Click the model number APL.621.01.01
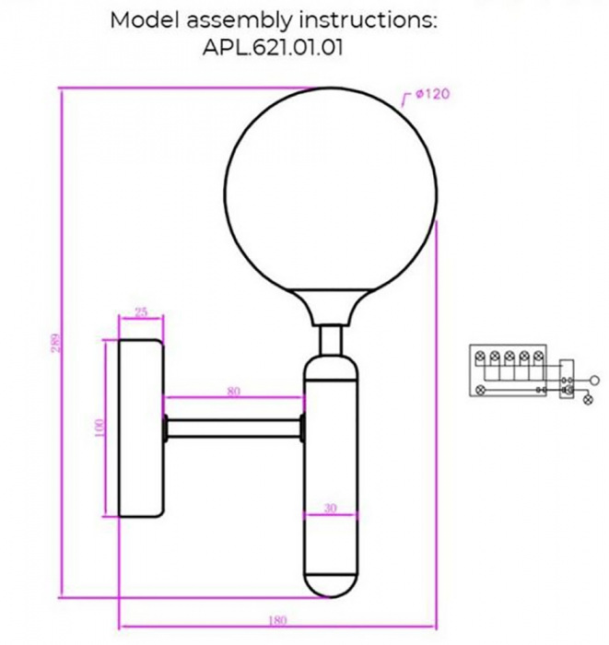(273, 48)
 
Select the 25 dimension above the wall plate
(141, 312)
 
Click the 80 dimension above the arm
(233, 391)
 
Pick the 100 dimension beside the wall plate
(100, 428)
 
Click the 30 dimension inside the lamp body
(330, 507)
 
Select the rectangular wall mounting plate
(135, 428)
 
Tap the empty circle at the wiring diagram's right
(594, 379)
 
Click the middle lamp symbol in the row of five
(509, 356)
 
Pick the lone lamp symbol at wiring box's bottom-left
(480, 391)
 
